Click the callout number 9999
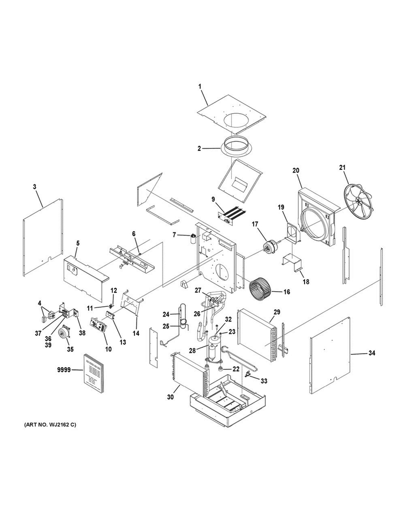click(64, 369)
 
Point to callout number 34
click(372, 353)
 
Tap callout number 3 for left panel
click(35, 187)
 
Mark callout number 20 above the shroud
click(296, 170)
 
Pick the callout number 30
click(171, 397)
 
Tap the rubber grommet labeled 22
click(219, 369)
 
